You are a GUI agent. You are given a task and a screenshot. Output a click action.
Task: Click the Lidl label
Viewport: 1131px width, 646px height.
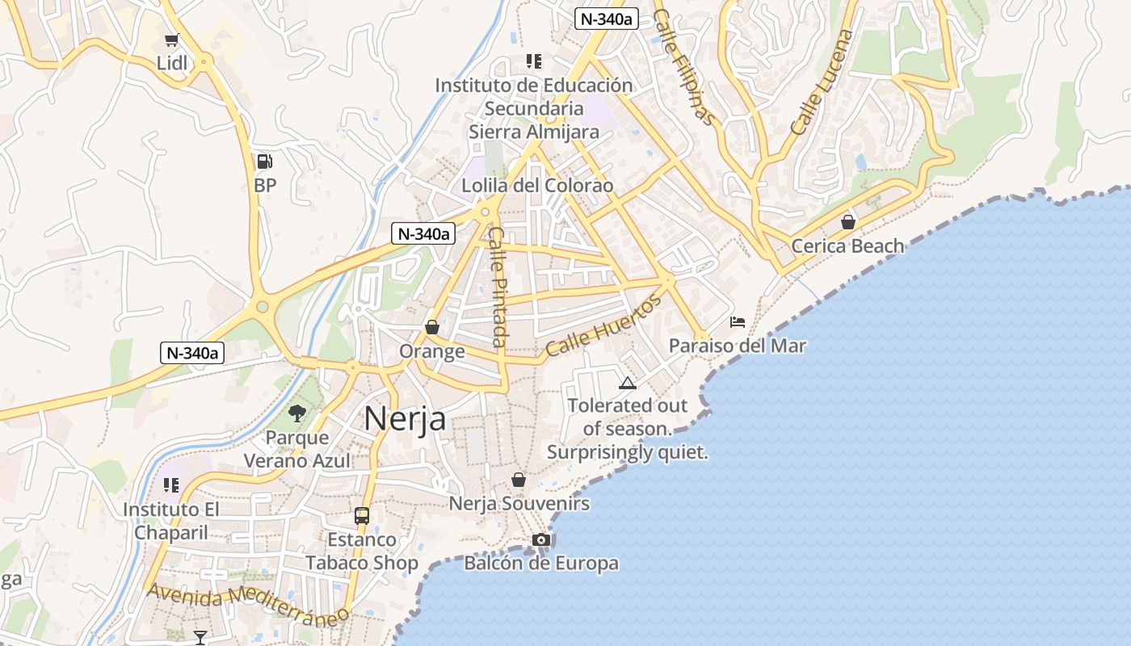pos(172,63)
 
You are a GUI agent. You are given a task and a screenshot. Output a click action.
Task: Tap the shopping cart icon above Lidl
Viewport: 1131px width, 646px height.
pos(171,40)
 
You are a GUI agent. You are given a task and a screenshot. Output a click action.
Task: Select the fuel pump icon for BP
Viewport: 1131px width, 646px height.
pos(264,161)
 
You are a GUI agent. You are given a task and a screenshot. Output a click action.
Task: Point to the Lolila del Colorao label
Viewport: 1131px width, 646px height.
pos(537,186)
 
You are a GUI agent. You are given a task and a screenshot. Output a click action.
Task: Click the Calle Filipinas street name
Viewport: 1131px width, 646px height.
pos(684,67)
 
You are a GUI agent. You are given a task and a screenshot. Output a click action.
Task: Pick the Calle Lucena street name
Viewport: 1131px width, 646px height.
pos(822,82)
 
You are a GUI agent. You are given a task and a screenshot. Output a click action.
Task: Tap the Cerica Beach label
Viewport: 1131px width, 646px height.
pos(847,246)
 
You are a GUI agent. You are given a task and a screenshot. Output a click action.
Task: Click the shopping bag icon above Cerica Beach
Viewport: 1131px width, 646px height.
pos(848,221)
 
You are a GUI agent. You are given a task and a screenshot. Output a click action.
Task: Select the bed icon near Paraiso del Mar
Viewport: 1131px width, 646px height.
pos(737,322)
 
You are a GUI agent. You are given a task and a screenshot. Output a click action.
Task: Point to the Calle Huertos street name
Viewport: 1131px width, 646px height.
pos(603,325)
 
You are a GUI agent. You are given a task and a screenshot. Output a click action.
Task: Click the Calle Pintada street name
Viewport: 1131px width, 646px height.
pos(498,287)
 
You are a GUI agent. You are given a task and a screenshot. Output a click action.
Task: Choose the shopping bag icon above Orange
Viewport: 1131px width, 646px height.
pos(432,327)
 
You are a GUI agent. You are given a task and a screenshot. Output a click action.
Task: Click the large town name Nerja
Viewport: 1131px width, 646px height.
pos(405,418)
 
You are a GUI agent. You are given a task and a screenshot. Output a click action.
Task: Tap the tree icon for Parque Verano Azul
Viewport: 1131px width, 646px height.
pos(297,413)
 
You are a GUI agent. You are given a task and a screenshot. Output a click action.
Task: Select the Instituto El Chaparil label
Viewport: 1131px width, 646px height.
pos(171,521)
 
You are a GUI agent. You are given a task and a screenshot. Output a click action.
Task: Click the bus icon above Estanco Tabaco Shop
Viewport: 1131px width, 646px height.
pos(361,515)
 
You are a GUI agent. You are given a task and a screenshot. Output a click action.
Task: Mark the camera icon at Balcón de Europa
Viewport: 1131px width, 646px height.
pos(541,539)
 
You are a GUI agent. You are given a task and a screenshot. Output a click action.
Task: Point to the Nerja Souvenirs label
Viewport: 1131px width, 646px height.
pos(519,504)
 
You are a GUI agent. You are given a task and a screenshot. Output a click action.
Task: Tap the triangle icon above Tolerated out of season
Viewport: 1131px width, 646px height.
pos(627,383)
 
